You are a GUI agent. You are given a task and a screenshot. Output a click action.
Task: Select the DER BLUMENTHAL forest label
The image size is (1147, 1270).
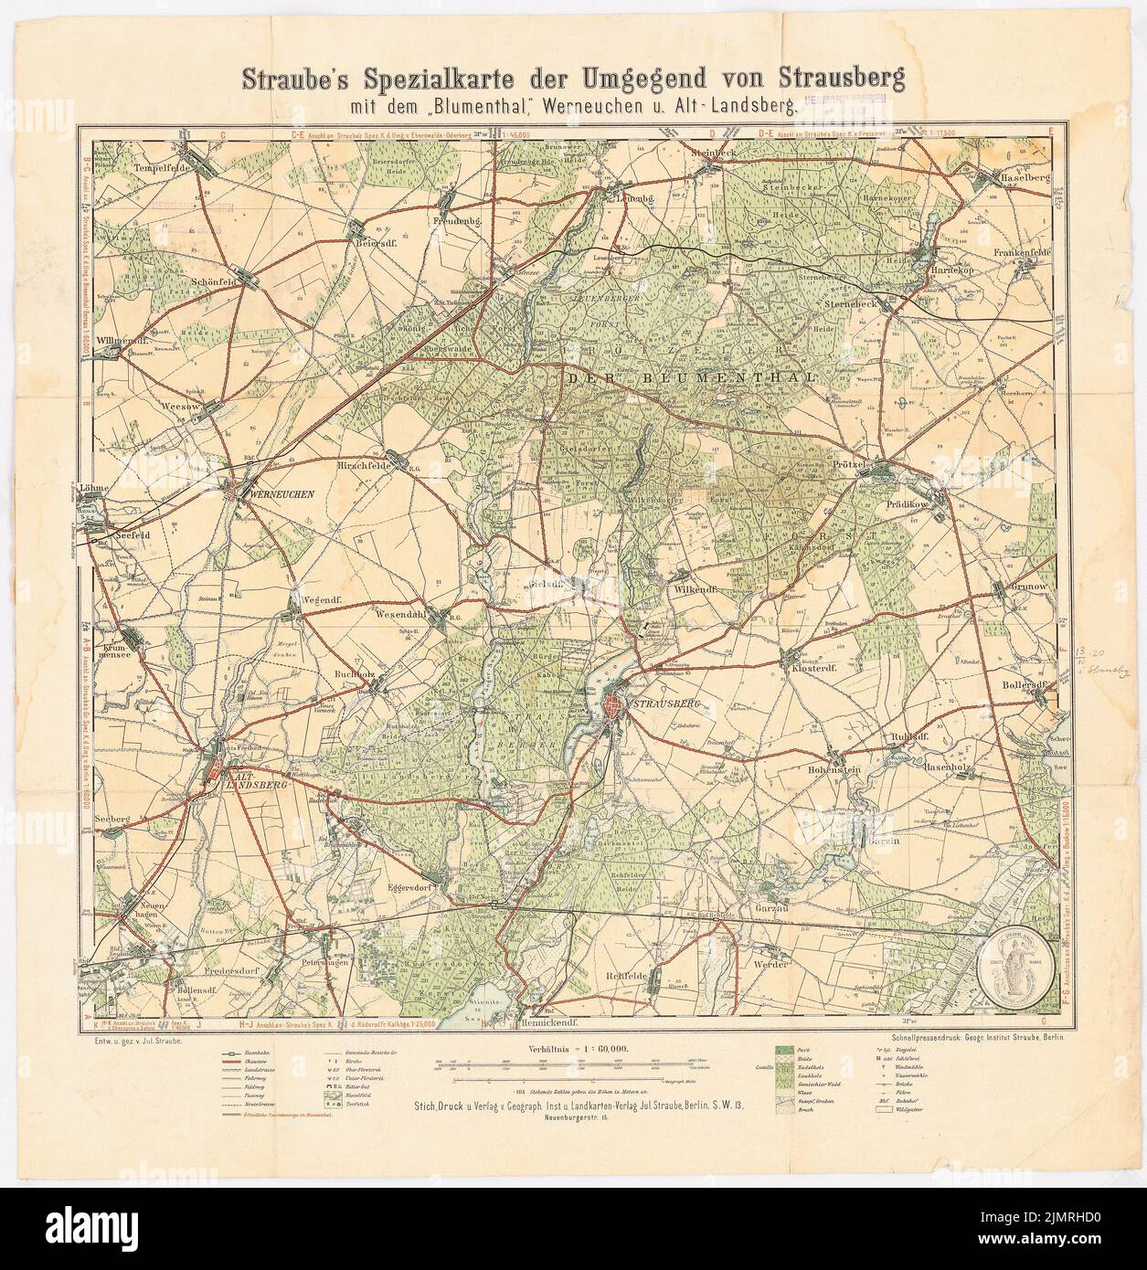690,377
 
